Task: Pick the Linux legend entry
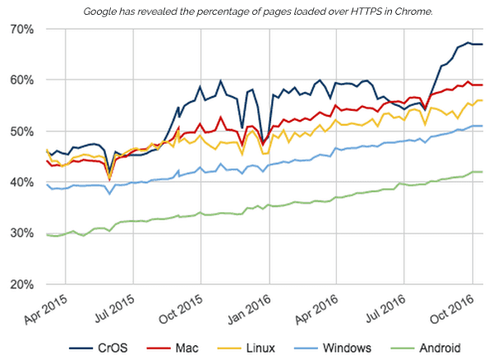pos(256,348)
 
